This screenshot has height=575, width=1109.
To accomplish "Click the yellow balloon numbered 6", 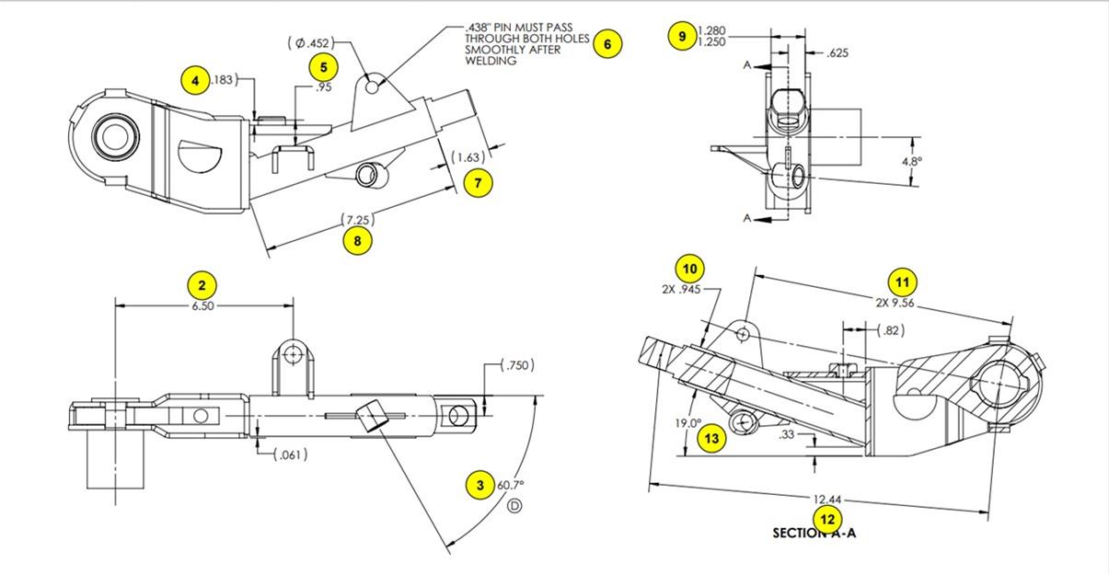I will point(607,43).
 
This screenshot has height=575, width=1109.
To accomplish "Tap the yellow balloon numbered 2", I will point(202,284).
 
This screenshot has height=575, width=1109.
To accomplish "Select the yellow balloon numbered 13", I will point(711,438).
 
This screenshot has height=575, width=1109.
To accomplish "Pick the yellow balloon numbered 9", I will point(682,36).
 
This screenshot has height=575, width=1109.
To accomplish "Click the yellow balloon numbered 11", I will point(902,282).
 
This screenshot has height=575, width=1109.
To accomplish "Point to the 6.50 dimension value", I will point(202,306).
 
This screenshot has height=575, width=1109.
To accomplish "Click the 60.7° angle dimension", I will point(511,485).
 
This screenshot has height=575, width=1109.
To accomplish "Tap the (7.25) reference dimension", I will point(357,220).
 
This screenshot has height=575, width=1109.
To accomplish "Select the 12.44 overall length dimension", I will point(826,500).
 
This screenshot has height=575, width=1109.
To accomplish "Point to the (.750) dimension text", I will point(517,365).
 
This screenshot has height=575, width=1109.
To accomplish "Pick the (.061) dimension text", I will point(291,454).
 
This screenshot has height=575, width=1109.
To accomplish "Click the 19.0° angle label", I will point(688,423).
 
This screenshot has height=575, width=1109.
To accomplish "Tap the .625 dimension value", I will point(837,53).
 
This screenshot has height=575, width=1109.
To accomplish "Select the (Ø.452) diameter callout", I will point(308,42).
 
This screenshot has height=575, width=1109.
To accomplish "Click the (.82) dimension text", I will point(890,330).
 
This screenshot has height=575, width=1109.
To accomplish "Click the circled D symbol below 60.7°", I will point(514,505).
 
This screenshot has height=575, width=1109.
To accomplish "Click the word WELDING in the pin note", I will point(491,62).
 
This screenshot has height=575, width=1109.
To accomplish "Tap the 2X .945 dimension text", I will point(681,289).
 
